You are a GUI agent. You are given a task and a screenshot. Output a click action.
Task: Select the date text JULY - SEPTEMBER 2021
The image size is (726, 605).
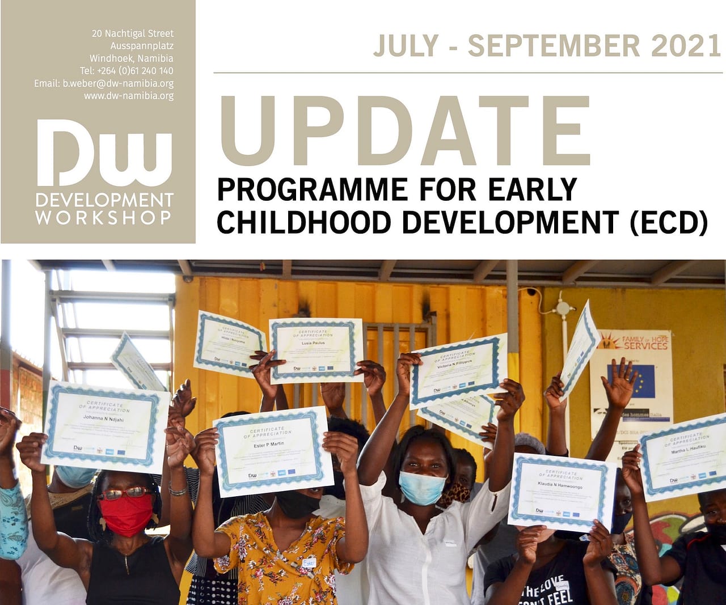pyautogui.click(x=547, y=46)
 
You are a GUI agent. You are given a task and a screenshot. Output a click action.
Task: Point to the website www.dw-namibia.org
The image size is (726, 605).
pyautogui.click(x=129, y=96)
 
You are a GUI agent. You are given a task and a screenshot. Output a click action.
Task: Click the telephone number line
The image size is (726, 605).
pyautogui.click(x=126, y=71)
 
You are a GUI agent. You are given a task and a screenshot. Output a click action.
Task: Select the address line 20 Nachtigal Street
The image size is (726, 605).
pyautogui.click(x=133, y=33)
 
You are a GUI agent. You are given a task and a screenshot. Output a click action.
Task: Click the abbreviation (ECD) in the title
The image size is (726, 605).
pyautogui.click(x=669, y=222)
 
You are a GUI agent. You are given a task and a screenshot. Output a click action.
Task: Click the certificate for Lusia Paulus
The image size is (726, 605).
pyautogui.click(x=316, y=349)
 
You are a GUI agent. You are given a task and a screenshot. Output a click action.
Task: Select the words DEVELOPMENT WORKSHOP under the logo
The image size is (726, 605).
pyautogui.click(x=104, y=209)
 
